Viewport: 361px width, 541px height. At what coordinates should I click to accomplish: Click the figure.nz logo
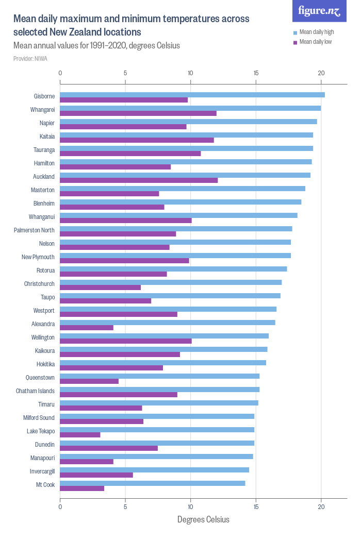click(x=319, y=11)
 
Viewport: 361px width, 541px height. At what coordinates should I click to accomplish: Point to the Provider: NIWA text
click(x=30, y=59)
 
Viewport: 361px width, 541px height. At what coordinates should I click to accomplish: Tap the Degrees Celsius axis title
click(x=203, y=519)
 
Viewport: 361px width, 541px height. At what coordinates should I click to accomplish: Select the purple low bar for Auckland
click(x=139, y=180)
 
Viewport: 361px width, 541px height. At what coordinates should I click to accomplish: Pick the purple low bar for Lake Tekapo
click(x=80, y=435)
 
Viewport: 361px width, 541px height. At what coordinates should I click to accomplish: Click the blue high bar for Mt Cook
click(x=153, y=483)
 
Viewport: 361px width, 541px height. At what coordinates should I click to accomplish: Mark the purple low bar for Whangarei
click(x=138, y=113)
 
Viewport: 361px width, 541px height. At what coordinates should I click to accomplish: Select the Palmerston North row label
click(x=34, y=230)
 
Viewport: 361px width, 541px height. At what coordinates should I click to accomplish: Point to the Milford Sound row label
click(x=39, y=418)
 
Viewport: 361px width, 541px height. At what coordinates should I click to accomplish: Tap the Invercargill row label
click(x=42, y=471)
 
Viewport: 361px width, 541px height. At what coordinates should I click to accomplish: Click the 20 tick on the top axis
click(x=321, y=73)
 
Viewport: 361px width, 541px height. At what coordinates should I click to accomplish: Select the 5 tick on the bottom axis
click(x=125, y=507)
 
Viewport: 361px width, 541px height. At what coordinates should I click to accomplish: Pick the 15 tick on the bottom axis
click(x=256, y=507)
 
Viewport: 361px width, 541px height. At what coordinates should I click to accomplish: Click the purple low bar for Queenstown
click(x=89, y=381)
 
